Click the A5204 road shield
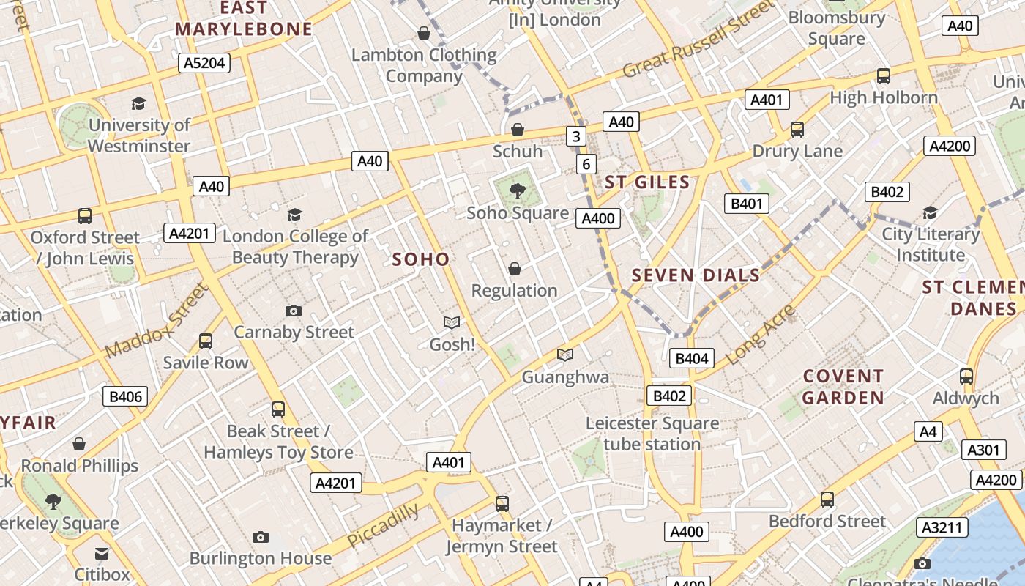(204, 63)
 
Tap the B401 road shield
(747, 203)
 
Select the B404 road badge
(691, 358)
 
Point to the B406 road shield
(125, 397)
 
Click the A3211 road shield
(944, 527)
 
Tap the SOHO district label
(421, 259)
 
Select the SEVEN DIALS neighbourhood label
(696, 275)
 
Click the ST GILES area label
(647, 182)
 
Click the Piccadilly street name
(383, 525)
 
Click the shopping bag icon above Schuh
(518, 130)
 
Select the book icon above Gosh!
(452, 322)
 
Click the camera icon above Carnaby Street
(294, 311)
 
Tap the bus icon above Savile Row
(206, 341)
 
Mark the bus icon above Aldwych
(966, 377)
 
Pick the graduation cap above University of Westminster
(138, 103)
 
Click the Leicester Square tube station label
(652, 434)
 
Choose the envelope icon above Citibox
(102, 554)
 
